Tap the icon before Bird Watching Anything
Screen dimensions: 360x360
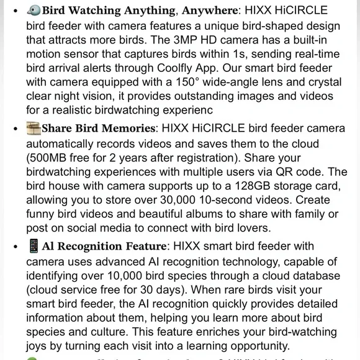pos(34,11)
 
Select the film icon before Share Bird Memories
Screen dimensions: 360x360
pos(34,128)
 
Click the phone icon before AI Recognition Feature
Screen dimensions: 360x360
pos(34,246)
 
